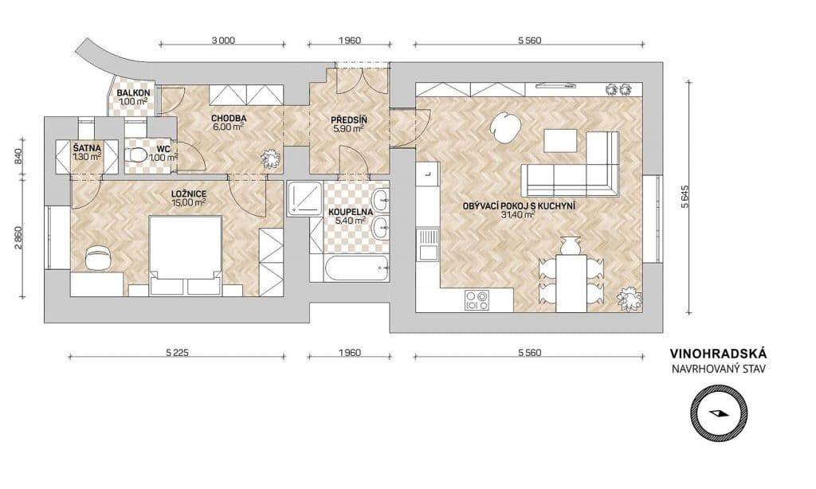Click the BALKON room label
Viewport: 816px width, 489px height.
tap(133, 92)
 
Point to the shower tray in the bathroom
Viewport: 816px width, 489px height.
tap(304, 199)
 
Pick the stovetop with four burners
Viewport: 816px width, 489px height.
tap(477, 300)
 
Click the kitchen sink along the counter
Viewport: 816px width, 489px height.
tap(428, 244)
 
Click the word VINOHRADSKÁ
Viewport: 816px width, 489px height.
tap(718, 354)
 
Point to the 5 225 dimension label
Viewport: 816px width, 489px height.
tap(177, 353)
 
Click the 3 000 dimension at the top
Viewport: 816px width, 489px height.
tap(223, 40)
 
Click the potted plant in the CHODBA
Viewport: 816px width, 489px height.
tap(271, 158)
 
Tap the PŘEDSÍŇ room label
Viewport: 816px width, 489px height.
tap(349, 120)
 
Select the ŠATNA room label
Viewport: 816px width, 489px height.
tap(87, 148)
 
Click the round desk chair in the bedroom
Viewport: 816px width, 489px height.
tap(98, 257)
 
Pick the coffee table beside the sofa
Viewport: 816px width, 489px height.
tap(560, 140)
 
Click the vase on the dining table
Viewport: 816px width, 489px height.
tap(570, 245)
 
